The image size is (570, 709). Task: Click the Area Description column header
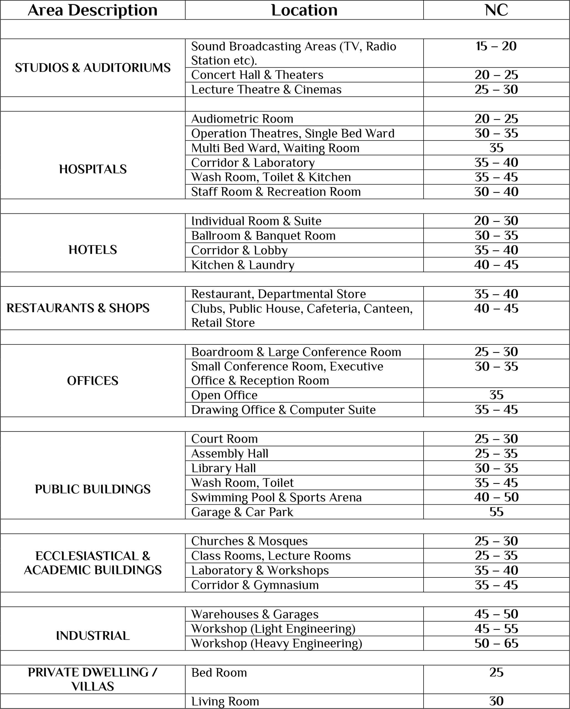point(92,10)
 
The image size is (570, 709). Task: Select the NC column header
point(496,10)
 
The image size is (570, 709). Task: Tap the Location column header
point(304,10)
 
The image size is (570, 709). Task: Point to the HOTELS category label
point(93,250)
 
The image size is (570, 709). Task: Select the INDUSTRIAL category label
point(93,636)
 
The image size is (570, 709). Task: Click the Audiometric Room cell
point(242,119)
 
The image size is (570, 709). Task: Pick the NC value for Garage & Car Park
point(496,512)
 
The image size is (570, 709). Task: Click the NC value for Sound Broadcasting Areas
point(496,46)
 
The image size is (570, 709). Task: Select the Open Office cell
point(224,395)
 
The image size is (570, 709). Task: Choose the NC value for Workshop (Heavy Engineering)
point(496,643)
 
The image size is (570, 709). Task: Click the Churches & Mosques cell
point(249,541)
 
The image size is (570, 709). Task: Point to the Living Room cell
point(225,702)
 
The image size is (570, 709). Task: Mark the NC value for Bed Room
point(496,672)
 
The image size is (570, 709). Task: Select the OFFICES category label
point(93,381)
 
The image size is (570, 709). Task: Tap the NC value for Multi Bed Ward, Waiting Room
point(496,148)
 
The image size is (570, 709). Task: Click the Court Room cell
point(224,439)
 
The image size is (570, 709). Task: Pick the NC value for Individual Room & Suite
point(496,221)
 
